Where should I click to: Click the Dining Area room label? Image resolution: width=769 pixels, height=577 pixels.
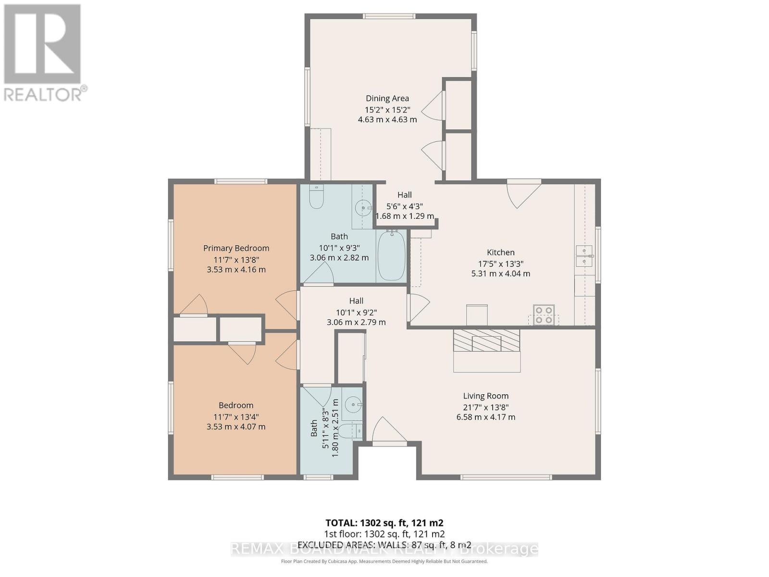(387, 98)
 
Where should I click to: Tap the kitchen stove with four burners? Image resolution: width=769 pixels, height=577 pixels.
(544, 315)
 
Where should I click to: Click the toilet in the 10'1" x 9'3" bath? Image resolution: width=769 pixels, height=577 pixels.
(316, 198)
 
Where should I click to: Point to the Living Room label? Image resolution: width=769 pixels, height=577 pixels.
(485, 396)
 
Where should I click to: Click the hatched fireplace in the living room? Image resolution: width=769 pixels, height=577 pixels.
(486, 340)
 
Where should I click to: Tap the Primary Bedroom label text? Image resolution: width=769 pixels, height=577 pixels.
(236, 248)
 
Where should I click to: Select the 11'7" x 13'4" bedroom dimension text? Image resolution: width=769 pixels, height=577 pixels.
(236, 416)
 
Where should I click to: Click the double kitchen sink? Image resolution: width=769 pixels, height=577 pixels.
(584, 256)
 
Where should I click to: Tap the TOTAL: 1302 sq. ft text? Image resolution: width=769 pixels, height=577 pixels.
(384, 523)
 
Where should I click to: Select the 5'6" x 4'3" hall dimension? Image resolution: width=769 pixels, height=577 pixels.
(404, 206)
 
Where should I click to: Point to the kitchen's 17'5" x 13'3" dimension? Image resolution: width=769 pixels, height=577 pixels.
(500, 263)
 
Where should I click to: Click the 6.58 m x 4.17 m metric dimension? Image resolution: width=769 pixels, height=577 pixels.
(485, 417)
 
